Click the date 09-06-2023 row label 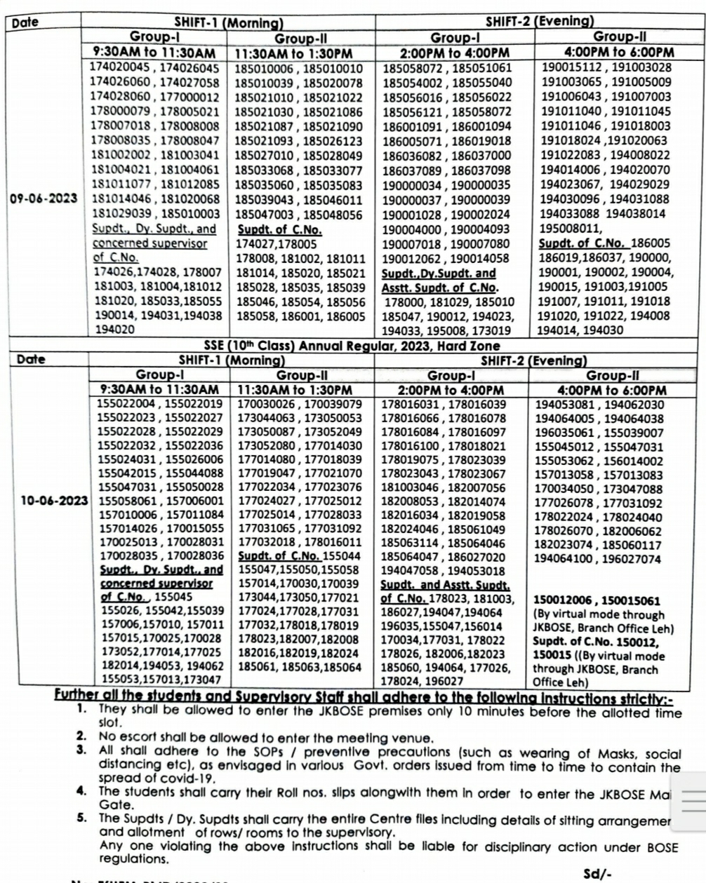pyautogui.click(x=44, y=198)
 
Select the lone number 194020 pyautogui.click(x=113, y=328)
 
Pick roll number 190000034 pyautogui.click(x=413, y=185)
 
